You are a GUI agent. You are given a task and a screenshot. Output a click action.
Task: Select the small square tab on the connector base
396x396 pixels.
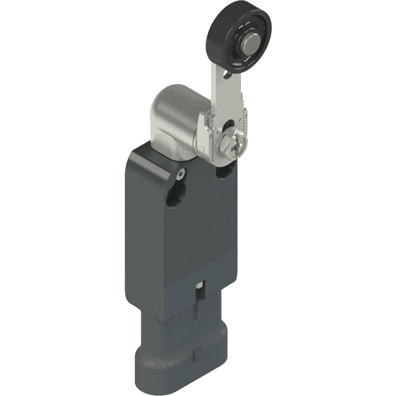click(197, 353)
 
